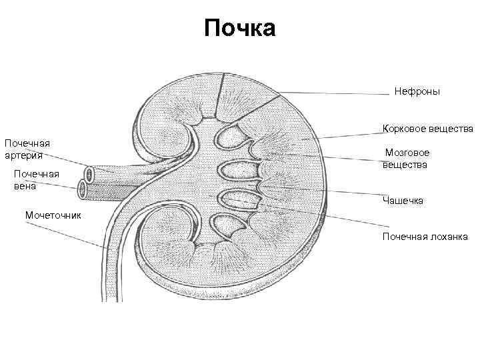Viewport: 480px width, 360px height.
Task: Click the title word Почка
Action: tap(239, 29)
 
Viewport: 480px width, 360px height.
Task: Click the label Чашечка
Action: tap(403, 200)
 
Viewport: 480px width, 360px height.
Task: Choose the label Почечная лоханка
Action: tap(425, 236)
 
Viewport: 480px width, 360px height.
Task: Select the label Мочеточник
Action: tap(53, 215)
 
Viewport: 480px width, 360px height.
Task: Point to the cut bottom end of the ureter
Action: tap(113, 299)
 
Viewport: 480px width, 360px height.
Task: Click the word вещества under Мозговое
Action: tap(405, 164)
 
